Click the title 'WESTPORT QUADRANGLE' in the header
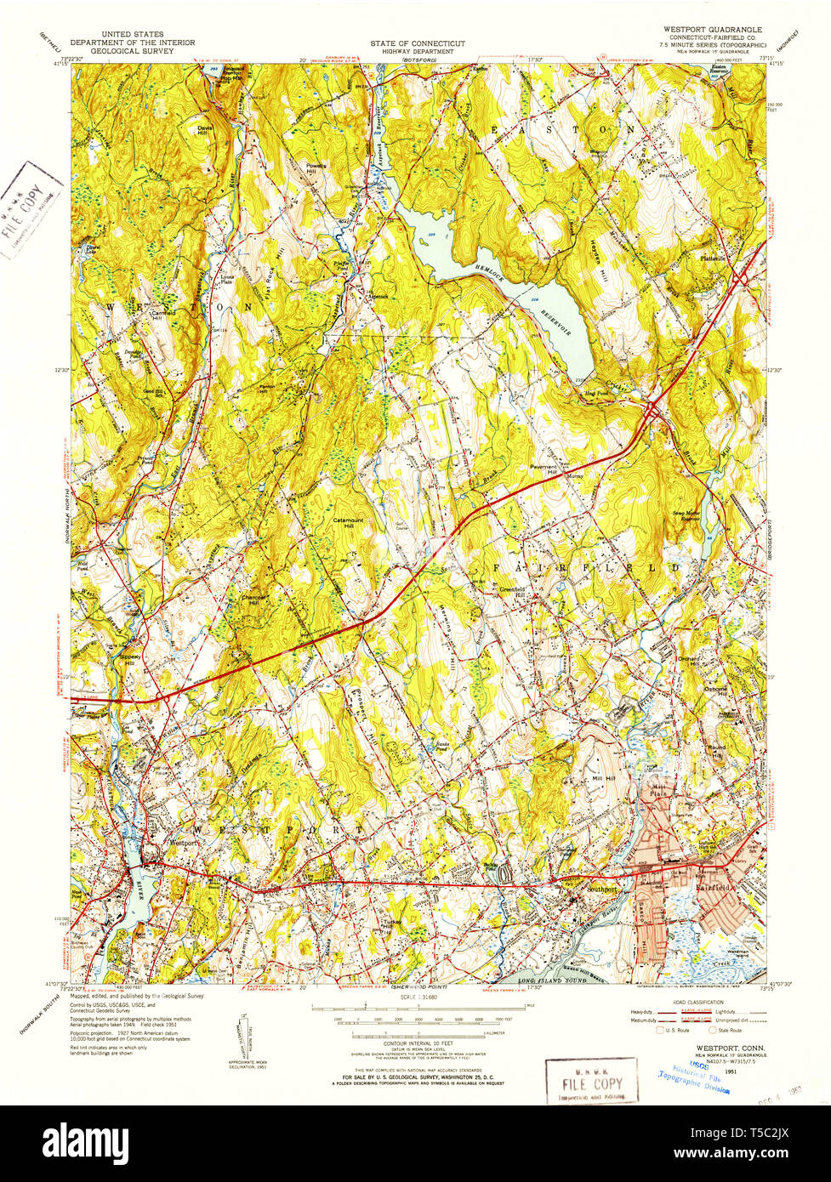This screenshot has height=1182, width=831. (x=707, y=29)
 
